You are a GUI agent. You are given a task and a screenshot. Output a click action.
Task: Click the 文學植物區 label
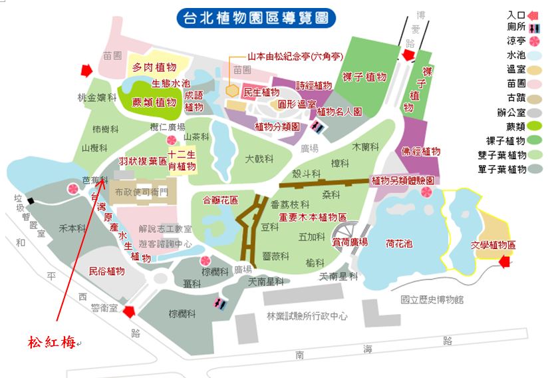pos(493,245)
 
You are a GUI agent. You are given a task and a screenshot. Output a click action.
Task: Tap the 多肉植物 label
pos(154,67)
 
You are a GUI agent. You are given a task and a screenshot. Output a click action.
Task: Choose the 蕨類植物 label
pos(154,102)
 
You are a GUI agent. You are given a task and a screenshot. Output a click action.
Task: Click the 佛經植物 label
pos(421,151)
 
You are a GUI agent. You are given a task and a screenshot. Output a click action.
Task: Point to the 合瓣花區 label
pos(219,199)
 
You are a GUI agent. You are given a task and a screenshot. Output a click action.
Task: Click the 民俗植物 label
pos(106,271)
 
